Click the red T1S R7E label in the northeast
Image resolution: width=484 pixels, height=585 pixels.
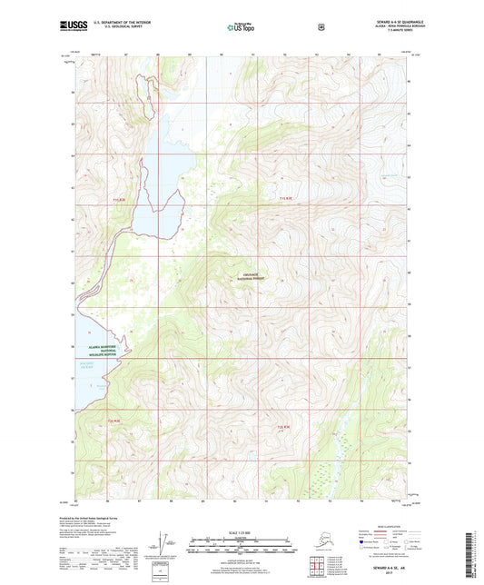pos(285,198)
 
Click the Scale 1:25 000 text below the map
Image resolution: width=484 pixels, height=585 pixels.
pos(242,531)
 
